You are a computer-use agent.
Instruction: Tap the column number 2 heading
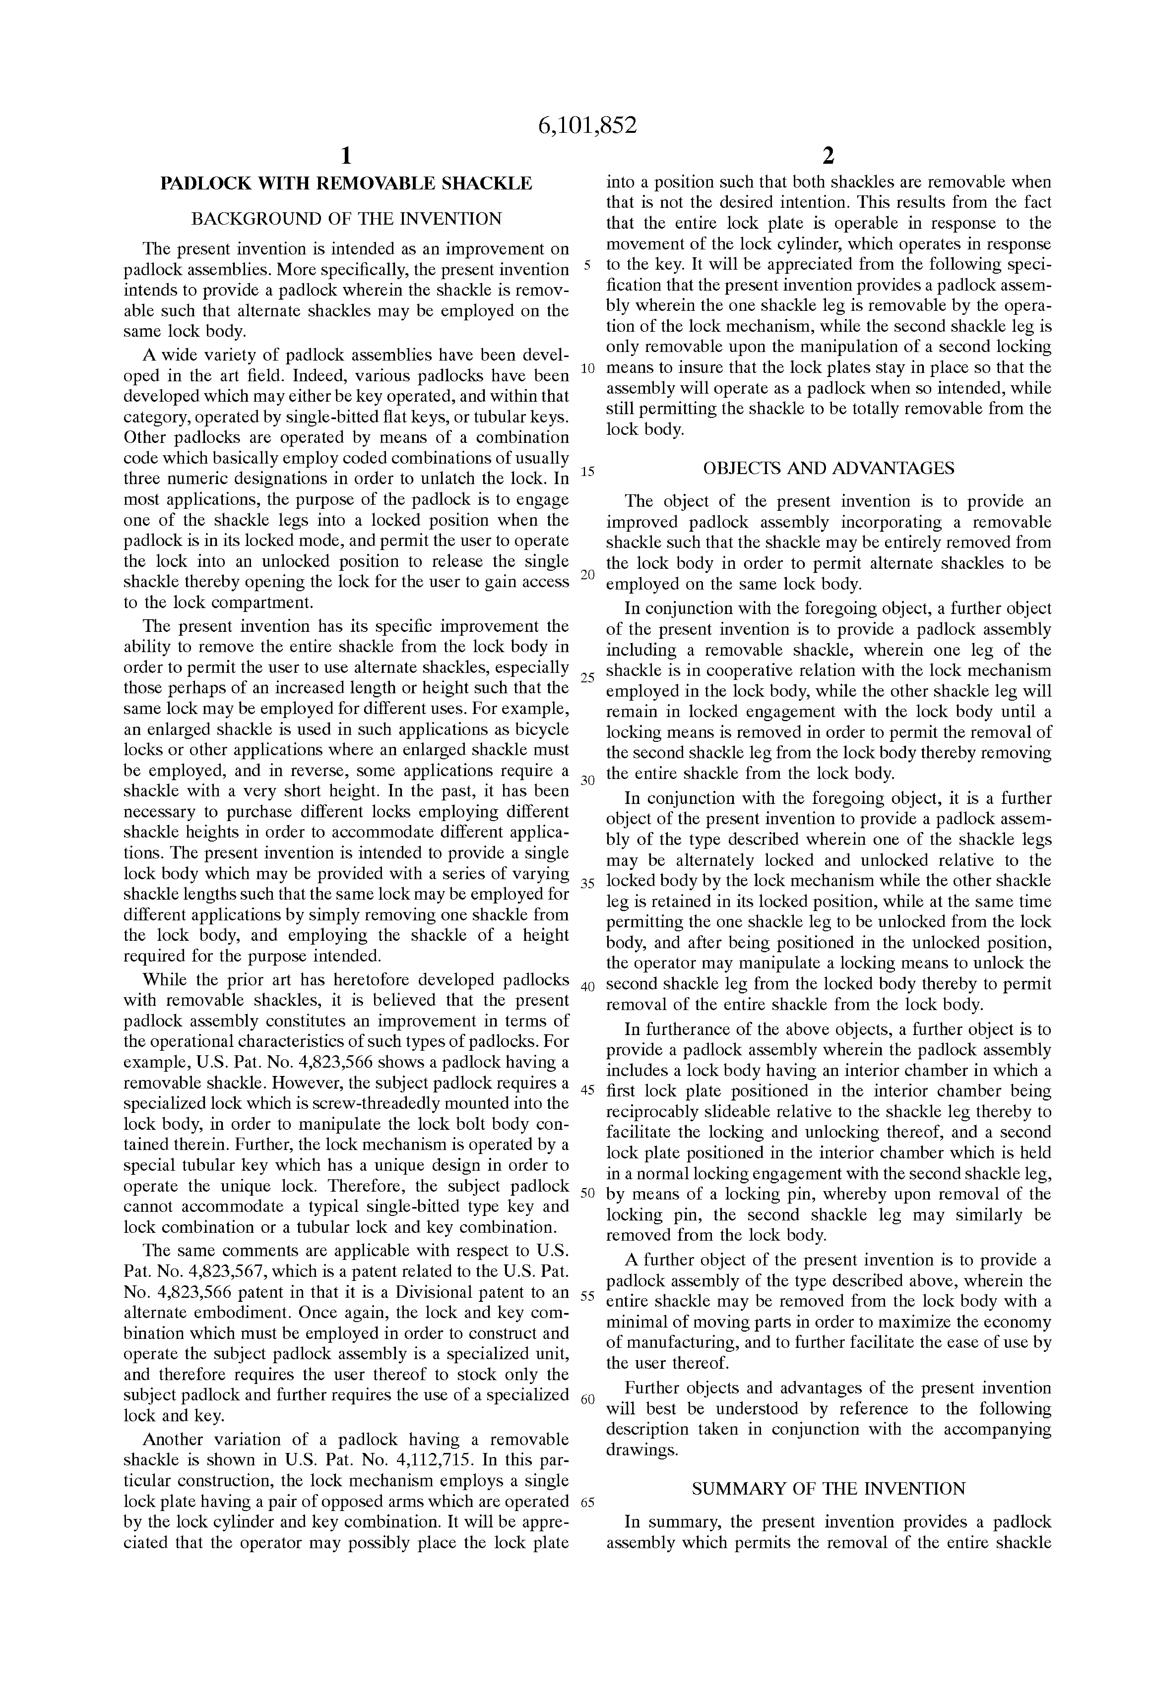[x=828, y=156]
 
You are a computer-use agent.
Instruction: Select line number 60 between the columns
[x=588, y=1399]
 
